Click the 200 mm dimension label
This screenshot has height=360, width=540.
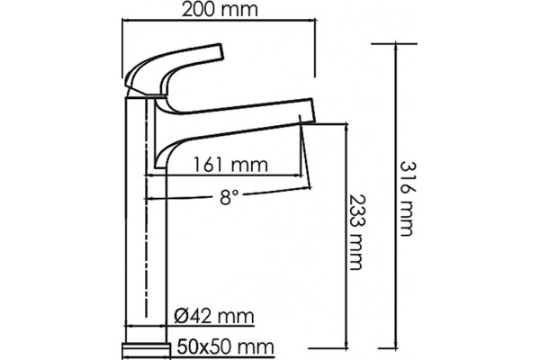(x=220, y=10)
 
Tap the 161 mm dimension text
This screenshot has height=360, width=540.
(x=230, y=165)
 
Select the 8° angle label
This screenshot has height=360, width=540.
(x=229, y=197)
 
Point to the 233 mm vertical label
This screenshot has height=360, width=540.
(x=356, y=232)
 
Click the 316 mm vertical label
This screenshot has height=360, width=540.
(x=408, y=199)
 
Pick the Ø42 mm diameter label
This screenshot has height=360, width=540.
(x=214, y=316)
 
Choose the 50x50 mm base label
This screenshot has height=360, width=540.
(x=226, y=346)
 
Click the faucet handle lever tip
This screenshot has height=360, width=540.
(x=221, y=51)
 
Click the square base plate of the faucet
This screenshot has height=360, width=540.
(x=147, y=351)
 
